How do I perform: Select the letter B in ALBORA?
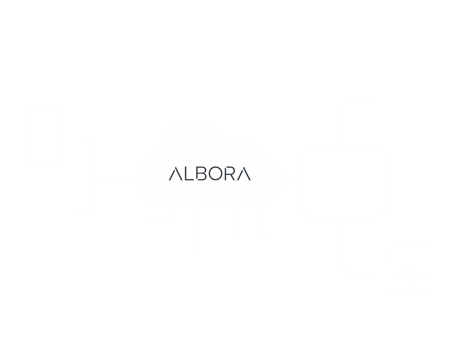point(201,174)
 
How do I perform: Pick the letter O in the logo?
point(216,174)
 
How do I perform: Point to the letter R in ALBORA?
point(230,174)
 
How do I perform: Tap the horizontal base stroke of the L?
point(190,180)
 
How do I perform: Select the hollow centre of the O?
point(216,174)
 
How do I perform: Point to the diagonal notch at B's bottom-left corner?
point(198,179)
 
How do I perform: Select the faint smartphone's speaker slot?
point(44,108)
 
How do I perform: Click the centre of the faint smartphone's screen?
point(44,135)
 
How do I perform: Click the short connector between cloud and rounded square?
point(292,182)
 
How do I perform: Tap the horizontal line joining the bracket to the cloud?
point(113,182)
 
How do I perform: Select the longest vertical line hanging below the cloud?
point(199,231)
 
